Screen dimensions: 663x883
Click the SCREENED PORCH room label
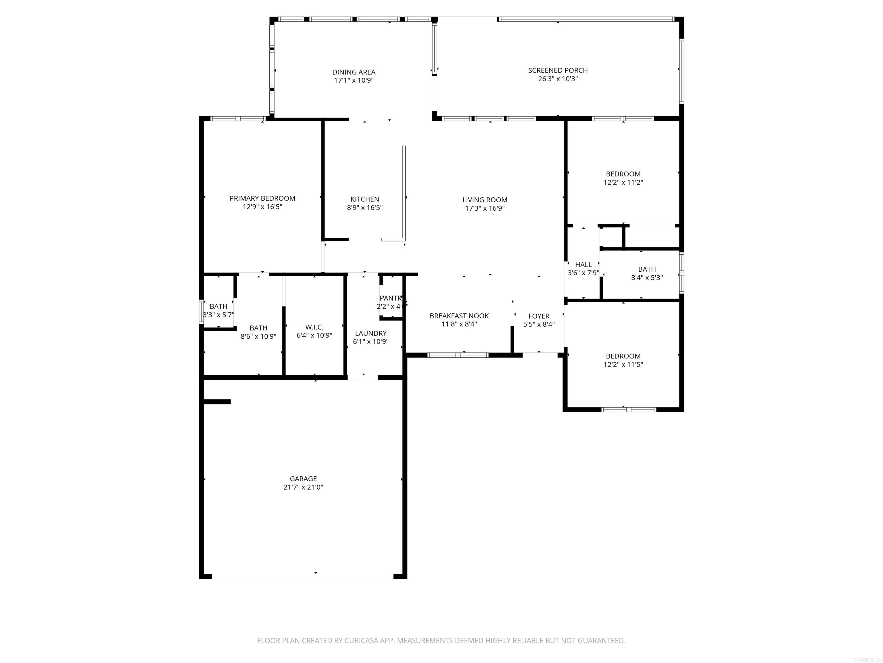pos(558,70)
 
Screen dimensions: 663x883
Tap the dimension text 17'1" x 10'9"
pos(354,80)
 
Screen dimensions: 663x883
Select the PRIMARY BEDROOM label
pos(262,198)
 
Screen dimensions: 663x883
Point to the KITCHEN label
pos(364,199)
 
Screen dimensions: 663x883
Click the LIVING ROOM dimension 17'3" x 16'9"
pos(485,208)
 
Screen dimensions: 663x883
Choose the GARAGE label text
pos(303,478)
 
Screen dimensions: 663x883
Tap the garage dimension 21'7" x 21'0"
pos(303,487)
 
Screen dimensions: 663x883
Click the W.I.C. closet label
pos(314,327)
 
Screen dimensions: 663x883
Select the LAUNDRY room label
pos(371,333)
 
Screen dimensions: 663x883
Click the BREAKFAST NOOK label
pos(459,316)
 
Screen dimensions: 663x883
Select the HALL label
pos(583,264)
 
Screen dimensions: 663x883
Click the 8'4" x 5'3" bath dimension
pos(647,278)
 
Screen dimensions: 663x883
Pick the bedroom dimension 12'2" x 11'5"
pos(623,365)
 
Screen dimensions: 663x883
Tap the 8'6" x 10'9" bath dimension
pos(258,336)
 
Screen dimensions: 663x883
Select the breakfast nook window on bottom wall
pos(458,355)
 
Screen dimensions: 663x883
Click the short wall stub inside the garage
pos(217,402)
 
